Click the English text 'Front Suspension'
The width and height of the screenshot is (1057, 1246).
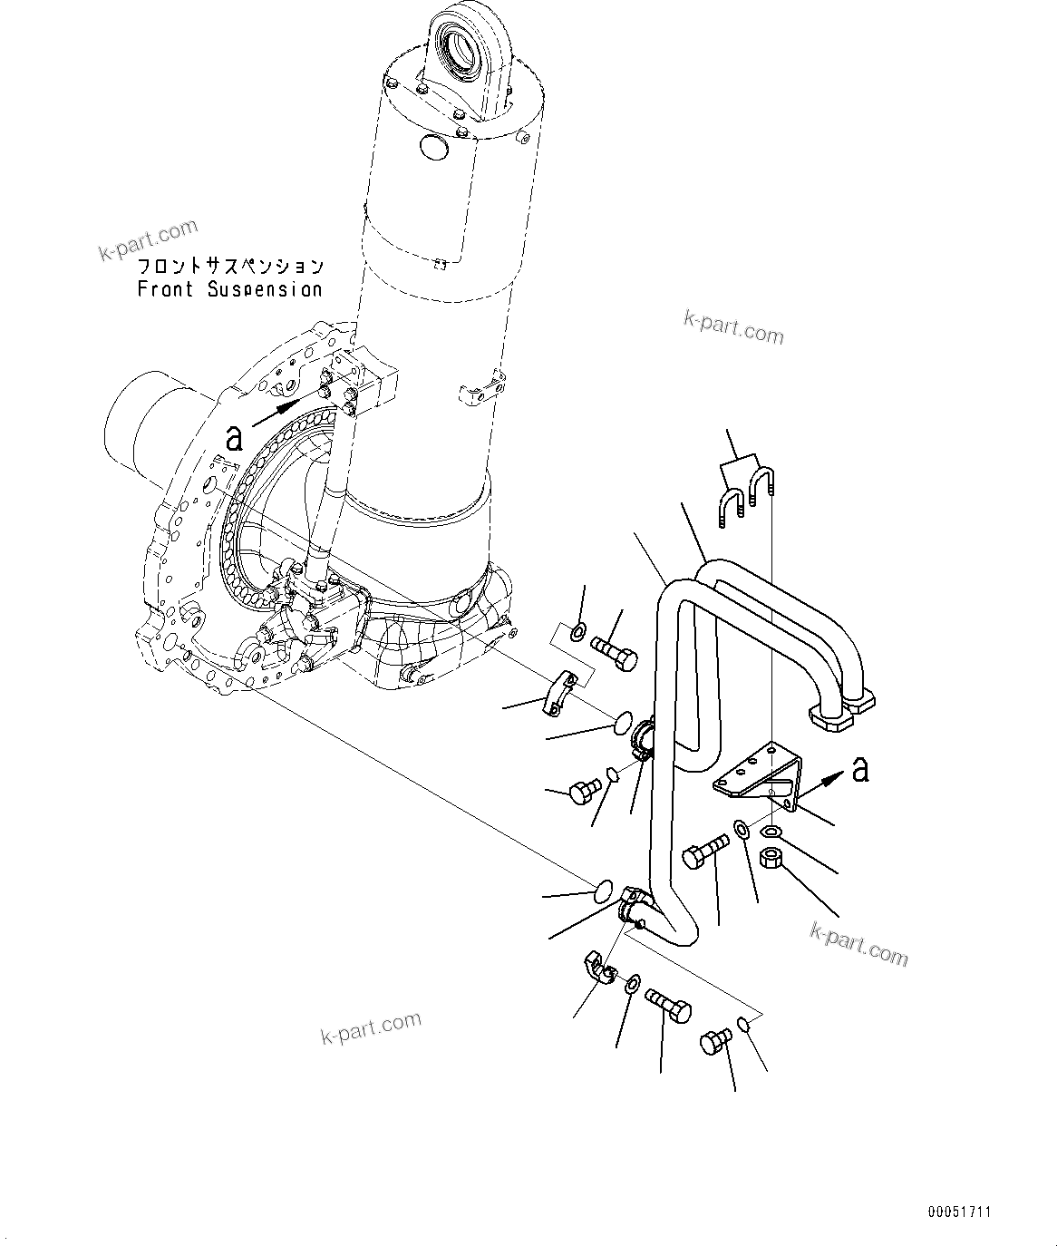pyautogui.click(x=229, y=290)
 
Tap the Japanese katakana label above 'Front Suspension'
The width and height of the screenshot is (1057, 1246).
pyautogui.click(x=229, y=268)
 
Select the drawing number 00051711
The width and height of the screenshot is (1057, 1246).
pyautogui.click(x=959, y=1211)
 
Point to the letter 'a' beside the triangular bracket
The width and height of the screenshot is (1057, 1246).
pyautogui.click(x=859, y=769)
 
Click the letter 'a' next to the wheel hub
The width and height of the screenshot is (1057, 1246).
pyautogui.click(x=234, y=439)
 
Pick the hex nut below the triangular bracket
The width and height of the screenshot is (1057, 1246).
pyautogui.click(x=772, y=856)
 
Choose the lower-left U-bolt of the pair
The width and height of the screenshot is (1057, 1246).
pyautogui.click(x=732, y=506)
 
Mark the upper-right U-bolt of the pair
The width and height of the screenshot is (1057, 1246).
pyautogui.click(x=762, y=482)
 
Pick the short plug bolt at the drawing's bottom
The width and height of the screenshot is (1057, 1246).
pyautogui.click(x=716, y=1041)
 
